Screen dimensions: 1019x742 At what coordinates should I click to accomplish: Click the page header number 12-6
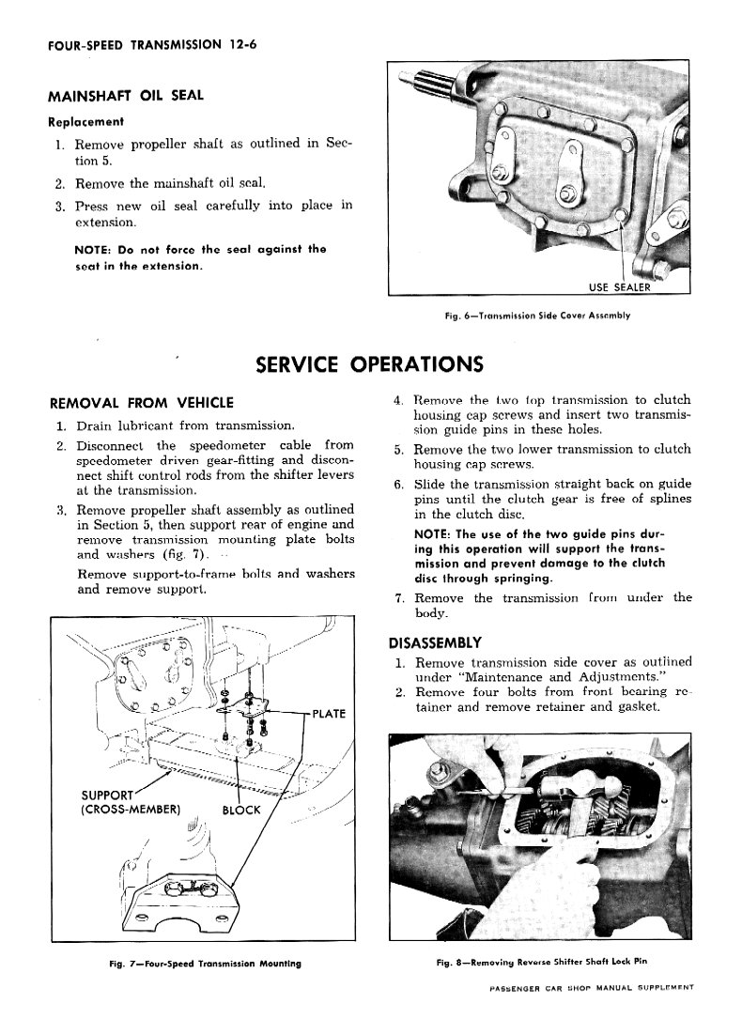point(240,43)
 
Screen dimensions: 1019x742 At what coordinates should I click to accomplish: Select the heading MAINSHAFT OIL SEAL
point(126,96)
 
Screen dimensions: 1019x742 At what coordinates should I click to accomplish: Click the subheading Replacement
point(85,121)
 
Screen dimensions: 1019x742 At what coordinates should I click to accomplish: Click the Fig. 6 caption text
point(537,316)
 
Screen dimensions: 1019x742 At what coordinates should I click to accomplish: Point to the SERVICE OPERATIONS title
point(369,363)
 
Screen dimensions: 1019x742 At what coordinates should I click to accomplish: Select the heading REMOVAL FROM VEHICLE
point(141,403)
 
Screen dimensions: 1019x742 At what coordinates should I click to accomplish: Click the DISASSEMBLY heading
point(435,642)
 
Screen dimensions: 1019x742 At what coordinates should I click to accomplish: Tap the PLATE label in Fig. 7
point(328,714)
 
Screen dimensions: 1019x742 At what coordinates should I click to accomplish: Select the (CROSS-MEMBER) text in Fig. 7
point(131,811)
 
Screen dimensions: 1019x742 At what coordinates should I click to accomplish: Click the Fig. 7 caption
point(204,964)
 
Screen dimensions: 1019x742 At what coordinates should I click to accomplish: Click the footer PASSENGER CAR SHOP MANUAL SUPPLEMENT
point(591,989)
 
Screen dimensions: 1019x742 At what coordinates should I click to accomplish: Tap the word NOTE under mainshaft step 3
point(92,249)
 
